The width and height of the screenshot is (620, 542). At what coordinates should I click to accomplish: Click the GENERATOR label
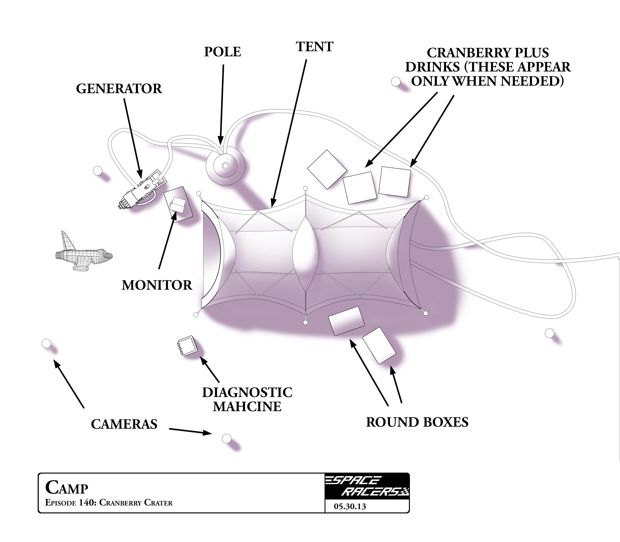(119, 89)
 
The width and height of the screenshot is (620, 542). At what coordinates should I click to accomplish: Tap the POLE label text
(223, 52)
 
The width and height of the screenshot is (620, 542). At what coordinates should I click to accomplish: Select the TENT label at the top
(315, 47)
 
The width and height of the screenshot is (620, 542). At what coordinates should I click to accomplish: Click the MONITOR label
(157, 285)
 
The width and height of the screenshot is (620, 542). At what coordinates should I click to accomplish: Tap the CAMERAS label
(124, 424)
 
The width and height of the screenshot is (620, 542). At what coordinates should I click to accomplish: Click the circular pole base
(225, 166)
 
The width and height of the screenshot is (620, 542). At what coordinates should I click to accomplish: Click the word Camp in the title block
(67, 488)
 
